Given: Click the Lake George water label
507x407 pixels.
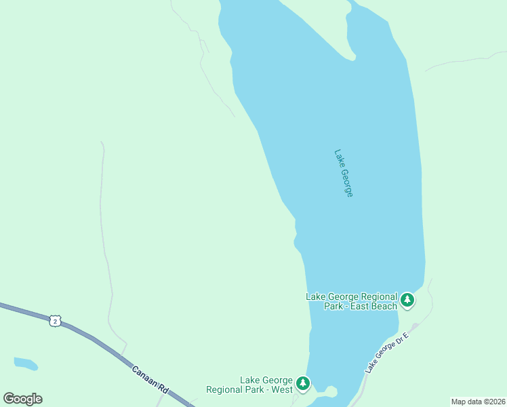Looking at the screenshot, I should pos(344,173).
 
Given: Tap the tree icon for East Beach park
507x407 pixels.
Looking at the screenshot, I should pos(407,299).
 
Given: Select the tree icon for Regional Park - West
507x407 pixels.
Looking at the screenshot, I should pos(303,384).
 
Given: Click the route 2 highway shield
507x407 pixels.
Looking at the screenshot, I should pos(55,320).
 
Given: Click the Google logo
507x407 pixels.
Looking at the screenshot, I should pos(22,399).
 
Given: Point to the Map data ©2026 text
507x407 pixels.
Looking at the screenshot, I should pos(478,402).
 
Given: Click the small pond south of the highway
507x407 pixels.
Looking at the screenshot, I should pos(25,364).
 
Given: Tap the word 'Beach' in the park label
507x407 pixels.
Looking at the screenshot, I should pos(385,307).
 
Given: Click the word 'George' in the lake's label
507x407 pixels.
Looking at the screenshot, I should pos(348,182).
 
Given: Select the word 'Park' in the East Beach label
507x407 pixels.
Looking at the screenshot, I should pos(334,307).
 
